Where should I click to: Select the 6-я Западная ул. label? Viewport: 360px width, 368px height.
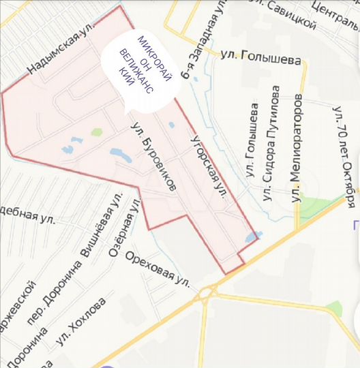(200, 37)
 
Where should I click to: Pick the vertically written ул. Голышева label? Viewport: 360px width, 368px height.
(253, 142)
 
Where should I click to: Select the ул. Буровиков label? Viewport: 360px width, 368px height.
(155, 156)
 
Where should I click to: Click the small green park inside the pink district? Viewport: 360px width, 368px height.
(97, 132)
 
